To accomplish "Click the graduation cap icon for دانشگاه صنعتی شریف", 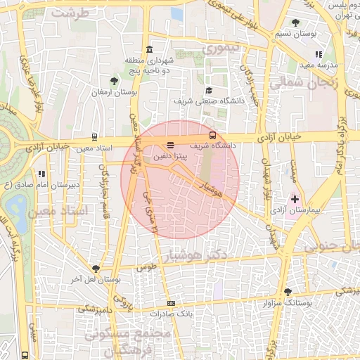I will (x=210, y=91).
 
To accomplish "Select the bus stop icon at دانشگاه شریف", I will (x=212, y=135).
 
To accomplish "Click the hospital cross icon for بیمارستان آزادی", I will (x=295, y=200).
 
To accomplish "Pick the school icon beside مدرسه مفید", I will (x=319, y=53).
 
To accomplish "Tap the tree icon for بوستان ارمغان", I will (x=114, y=82).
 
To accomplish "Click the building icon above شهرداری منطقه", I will (x=149, y=49).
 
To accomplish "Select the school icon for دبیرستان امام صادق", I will (x=42, y=173).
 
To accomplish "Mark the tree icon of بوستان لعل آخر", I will (x=96, y=269).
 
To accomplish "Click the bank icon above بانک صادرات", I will (x=171, y=303).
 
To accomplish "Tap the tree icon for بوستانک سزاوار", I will (x=288, y=292).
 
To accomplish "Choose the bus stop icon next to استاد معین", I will (x=95, y=138).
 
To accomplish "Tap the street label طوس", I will (x=146, y=267).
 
